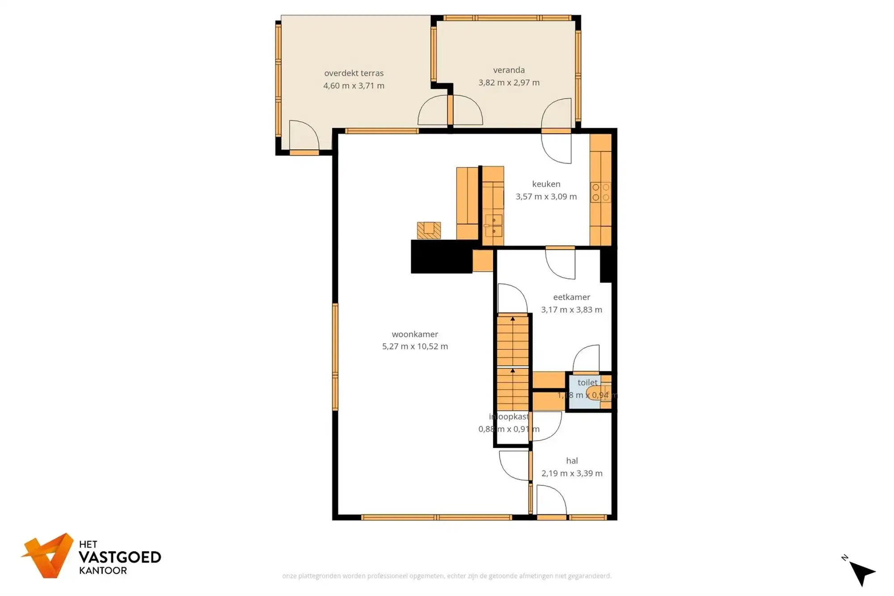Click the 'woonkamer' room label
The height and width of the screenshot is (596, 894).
click(415, 334)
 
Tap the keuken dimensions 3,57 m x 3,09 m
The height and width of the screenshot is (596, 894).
click(546, 197)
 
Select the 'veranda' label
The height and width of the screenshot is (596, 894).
click(509, 70)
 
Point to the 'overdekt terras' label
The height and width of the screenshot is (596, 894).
click(354, 73)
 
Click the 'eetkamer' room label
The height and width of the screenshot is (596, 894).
click(571, 297)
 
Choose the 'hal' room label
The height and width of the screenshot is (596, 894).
click(572, 461)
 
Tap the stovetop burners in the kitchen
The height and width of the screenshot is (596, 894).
click(600, 193)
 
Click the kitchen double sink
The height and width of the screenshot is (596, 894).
click(493, 226)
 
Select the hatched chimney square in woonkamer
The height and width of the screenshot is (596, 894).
click(429, 231)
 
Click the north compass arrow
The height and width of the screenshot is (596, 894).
click(862, 572)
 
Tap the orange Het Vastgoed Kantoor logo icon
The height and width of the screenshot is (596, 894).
click(48, 555)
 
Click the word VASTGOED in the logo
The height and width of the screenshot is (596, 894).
click(119, 557)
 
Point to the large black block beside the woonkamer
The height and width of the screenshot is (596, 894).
click(441, 256)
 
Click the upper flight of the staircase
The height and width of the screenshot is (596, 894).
click(513, 341)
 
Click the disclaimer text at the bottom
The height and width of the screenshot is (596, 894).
click(447, 576)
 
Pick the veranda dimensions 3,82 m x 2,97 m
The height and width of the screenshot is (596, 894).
click(509, 83)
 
